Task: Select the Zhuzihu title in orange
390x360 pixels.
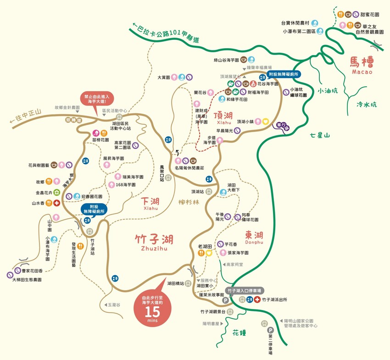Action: [154, 241]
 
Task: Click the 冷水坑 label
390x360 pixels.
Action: [366, 105]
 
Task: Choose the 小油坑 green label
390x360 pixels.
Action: [327, 91]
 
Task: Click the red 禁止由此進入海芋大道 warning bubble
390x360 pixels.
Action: [96, 100]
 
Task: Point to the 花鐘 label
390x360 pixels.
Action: [240, 332]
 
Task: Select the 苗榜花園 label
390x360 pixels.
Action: [100, 140]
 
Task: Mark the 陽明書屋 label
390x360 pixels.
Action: [212, 323]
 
